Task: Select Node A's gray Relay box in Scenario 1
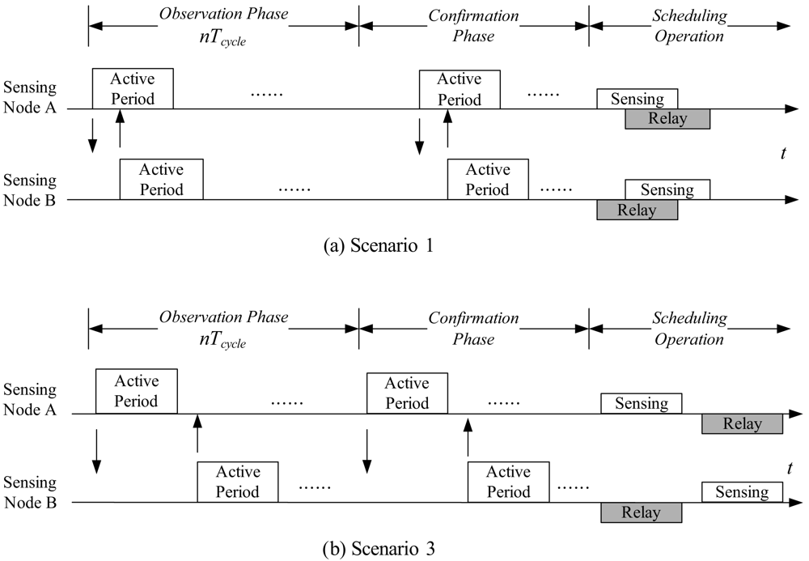point(667,119)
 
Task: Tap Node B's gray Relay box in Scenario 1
point(637,210)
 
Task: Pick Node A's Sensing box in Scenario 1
point(637,99)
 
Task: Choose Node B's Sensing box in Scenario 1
point(667,189)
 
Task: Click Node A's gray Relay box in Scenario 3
point(742,423)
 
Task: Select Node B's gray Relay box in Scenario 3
point(641,512)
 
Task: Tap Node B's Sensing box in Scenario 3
point(742,492)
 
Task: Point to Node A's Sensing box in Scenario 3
point(641,402)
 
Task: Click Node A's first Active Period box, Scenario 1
point(133,89)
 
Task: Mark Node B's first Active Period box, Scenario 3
point(238,482)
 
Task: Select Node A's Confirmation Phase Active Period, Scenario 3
point(407,393)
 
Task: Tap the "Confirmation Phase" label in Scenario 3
point(473,328)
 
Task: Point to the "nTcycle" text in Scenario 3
point(223,341)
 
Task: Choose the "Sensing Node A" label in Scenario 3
point(29,402)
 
